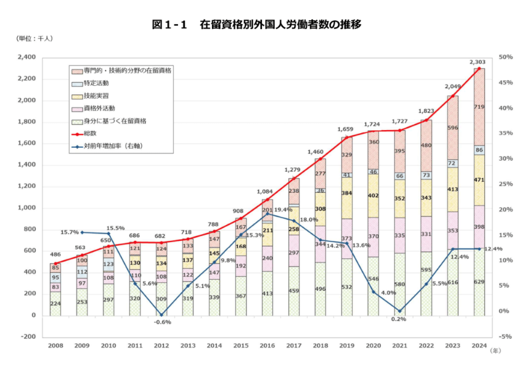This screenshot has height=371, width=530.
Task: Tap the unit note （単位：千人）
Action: coord(35,39)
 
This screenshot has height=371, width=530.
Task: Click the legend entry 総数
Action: coord(92,133)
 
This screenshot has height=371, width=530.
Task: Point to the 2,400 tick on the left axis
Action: coord(27,57)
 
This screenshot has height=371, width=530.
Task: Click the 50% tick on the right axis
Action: coord(506,57)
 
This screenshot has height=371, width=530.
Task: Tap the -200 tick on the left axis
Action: coord(28,337)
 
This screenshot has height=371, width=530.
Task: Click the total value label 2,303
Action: coord(478,61)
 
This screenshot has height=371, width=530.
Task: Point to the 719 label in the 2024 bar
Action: coord(479,107)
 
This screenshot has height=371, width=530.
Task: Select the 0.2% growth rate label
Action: coord(399,319)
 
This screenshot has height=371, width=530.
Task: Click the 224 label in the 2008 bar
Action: coord(55,304)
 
